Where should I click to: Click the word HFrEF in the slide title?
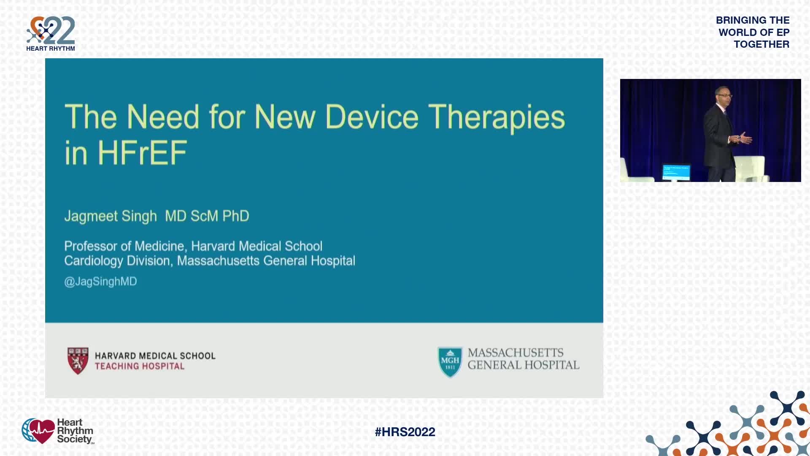click(x=143, y=153)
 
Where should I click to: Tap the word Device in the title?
click(x=372, y=117)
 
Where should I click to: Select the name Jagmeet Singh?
click(x=111, y=216)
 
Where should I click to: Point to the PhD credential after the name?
click(x=236, y=216)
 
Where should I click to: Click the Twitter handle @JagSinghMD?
click(x=100, y=282)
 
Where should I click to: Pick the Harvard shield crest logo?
click(x=78, y=361)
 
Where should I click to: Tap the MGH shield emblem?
click(x=450, y=362)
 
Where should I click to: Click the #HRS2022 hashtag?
click(x=405, y=432)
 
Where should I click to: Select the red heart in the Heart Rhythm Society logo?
click(x=41, y=431)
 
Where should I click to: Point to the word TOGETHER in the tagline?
click(x=761, y=44)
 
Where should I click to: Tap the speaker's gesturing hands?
click(x=742, y=138)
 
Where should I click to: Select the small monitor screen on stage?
click(x=676, y=172)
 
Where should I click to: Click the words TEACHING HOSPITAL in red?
click(x=140, y=366)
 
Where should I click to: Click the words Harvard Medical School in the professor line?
click(x=257, y=246)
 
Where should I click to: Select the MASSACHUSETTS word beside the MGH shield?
click(x=516, y=353)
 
